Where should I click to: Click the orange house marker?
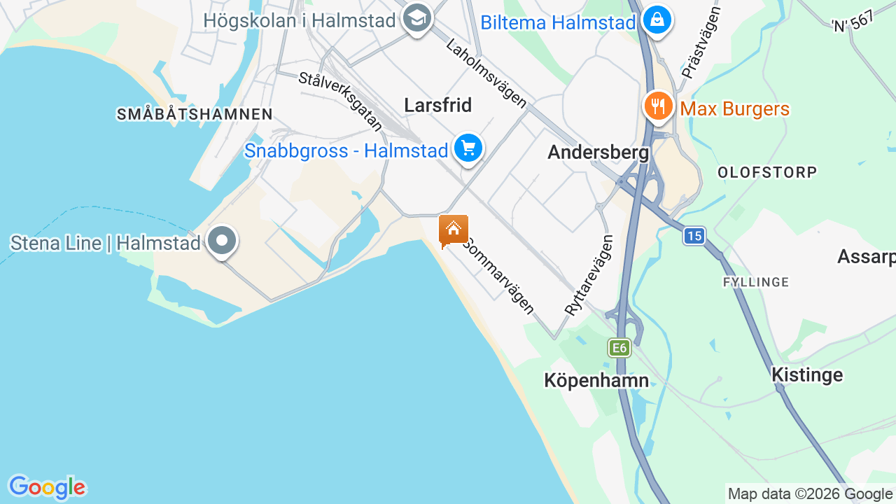[454, 230]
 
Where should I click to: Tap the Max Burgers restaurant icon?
[658, 106]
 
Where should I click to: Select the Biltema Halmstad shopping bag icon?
[657, 20]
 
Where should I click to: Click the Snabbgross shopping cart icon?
[468, 148]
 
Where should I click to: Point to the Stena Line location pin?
[223, 241]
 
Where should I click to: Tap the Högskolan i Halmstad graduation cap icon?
[417, 20]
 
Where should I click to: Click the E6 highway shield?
[619, 348]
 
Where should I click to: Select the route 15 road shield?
[694, 237]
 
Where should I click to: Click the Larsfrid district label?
[438, 105]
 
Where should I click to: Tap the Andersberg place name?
[598, 152]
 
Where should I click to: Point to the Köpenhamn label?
[596, 380]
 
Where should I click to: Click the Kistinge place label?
[807, 374]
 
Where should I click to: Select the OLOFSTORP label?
[767, 172]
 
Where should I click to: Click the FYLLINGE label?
[756, 282]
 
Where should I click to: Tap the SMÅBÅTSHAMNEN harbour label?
[195, 114]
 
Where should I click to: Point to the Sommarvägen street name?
[500, 275]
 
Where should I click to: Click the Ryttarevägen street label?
[589, 275]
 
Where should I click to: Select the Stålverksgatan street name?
[341, 101]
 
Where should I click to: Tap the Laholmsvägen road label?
[486, 73]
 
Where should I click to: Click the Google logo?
[47, 487]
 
